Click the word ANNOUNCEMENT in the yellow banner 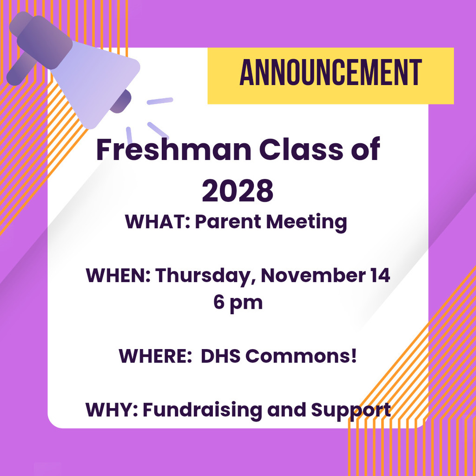[x=331, y=74]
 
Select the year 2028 [x=238, y=191]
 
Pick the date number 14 [x=379, y=276]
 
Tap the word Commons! [x=302, y=356]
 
